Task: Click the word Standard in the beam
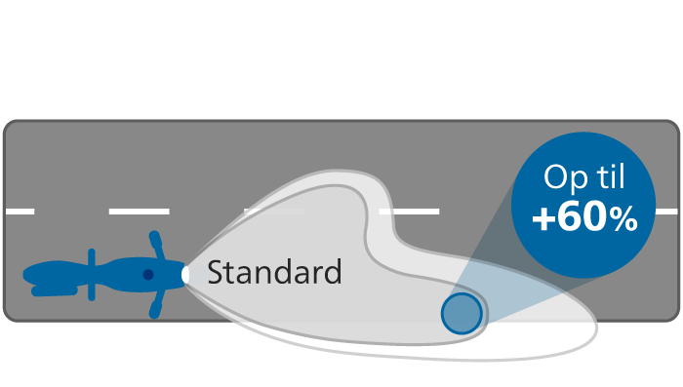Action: (x=274, y=272)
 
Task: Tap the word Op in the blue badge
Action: (x=562, y=178)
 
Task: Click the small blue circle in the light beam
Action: (x=462, y=314)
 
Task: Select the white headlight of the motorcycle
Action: (x=185, y=275)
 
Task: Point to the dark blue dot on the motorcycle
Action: (x=148, y=275)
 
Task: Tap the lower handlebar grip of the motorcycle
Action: (x=154, y=310)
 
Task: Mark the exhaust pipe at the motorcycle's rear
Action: (x=55, y=291)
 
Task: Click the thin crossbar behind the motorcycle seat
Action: (x=92, y=275)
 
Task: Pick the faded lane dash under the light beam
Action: (x=274, y=212)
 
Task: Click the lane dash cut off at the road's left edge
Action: (x=20, y=212)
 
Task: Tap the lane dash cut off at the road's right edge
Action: (x=666, y=212)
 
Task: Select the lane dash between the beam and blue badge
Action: (x=409, y=212)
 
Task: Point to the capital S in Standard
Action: (x=215, y=272)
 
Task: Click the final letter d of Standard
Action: (x=334, y=272)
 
